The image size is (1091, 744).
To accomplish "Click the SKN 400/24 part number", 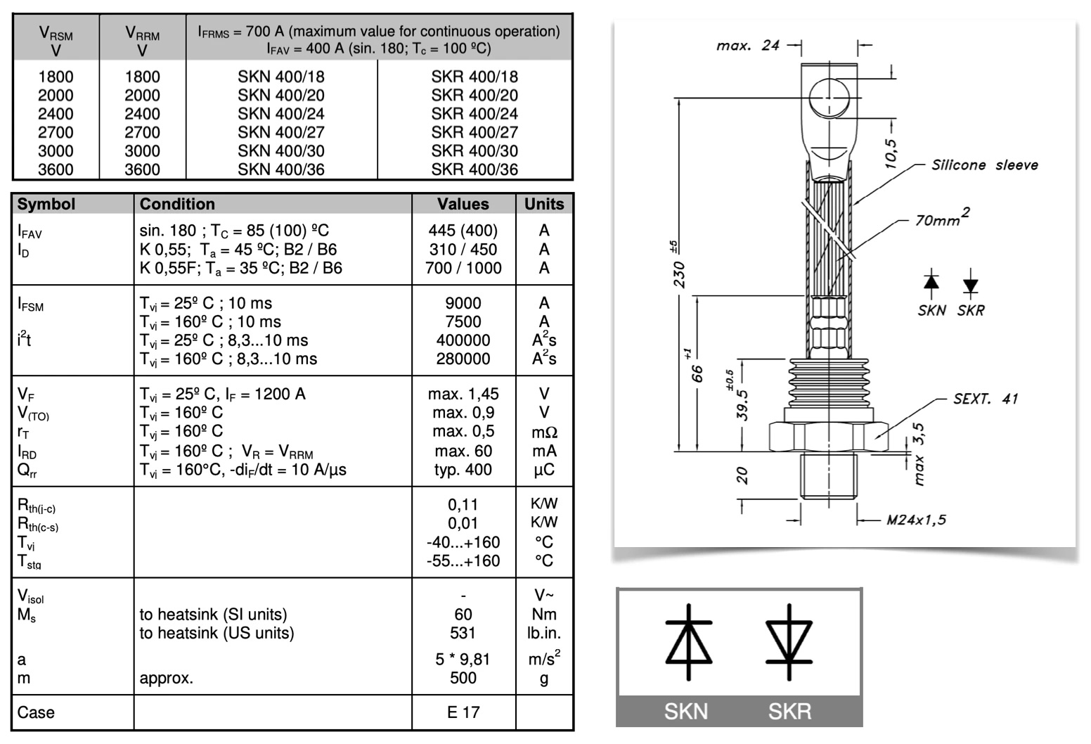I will coord(280,114).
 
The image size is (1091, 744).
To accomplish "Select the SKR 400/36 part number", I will coord(475,169).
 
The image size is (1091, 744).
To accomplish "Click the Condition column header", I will coord(177,204).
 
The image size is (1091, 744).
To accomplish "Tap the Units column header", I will coord(544,204).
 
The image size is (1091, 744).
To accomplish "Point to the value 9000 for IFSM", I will coord(463,303).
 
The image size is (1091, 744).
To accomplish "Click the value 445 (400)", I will coord(463,231).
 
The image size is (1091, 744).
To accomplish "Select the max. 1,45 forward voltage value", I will coord(463,394).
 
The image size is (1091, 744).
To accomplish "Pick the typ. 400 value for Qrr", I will coord(463,470).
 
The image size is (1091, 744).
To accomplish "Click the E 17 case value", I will coord(463,712).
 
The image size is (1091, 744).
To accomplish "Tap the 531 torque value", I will coord(463,633).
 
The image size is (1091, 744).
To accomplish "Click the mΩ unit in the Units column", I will coord(544,432).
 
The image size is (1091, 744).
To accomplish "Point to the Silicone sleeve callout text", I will coord(984,165).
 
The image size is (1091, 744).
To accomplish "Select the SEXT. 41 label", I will coord(986,399).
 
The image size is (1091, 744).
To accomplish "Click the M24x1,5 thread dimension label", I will coord(916,520).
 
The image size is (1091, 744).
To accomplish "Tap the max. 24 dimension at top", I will coord(749,46).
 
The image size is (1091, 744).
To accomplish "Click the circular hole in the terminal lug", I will coord(829,98).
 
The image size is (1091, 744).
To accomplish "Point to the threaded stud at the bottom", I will coord(829,476).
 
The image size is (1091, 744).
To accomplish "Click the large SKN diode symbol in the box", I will coord(689,641).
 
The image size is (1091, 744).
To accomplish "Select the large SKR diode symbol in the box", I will coord(789,641).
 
